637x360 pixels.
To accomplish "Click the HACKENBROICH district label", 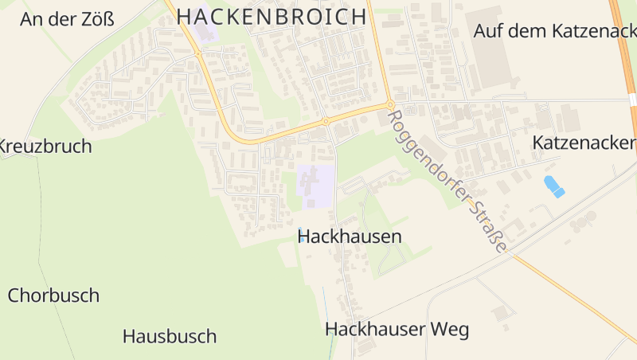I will tap(272, 16).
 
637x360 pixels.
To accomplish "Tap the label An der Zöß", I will tap(67, 20).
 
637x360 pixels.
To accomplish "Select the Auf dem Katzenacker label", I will tap(555, 31).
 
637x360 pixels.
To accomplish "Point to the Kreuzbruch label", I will tap(45, 147).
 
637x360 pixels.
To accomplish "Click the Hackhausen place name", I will tap(350, 237).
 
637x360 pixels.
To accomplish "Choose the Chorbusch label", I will tap(53, 295).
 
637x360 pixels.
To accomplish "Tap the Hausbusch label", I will tap(170, 336).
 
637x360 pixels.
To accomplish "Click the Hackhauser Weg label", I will tap(397, 329).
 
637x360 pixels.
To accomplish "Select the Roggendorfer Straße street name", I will tap(447, 182).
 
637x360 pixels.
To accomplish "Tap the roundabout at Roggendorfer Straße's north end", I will tap(390, 104).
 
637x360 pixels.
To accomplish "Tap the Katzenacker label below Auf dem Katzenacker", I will tap(584, 143).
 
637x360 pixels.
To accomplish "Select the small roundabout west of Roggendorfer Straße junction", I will tap(326, 122).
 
